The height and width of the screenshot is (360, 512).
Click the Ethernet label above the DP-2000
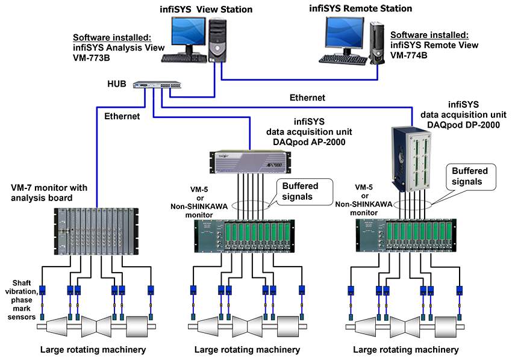tap(307, 98)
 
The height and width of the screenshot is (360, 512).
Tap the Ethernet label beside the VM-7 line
tap(122, 116)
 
